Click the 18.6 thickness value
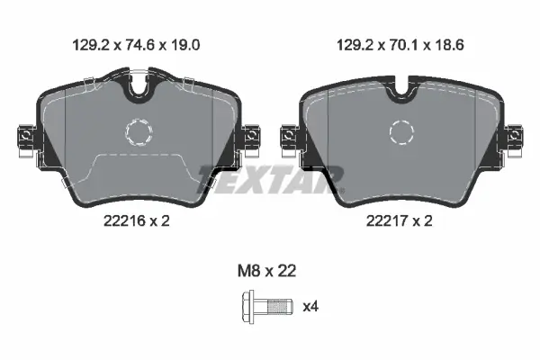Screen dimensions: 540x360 tap(449, 45)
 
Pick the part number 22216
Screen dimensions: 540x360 tap(125, 220)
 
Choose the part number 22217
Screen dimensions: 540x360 tap(387, 220)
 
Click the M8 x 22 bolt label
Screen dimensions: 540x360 tap(267, 271)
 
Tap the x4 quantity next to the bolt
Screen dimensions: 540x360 tap(310, 306)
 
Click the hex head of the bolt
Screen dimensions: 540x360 tap(248, 307)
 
